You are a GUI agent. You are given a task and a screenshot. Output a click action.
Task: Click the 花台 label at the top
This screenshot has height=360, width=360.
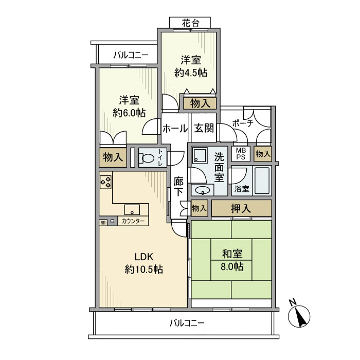pyautogui.click(x=190, y=23)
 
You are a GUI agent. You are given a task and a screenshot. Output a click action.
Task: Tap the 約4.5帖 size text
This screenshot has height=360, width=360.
pyautogui.click(x=191, y=73)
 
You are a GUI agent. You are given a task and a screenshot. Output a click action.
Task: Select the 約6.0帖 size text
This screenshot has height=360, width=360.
pyautogui.click(x=129, y=113)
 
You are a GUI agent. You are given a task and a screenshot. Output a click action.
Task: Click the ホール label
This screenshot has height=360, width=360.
pyautogui.click(x=175, y=129)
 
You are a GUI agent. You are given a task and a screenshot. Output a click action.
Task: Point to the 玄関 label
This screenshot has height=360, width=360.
pyautogui.click(x=204, y=128)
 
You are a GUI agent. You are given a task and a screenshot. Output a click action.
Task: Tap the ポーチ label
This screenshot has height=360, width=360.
pyautogui.click(x=243, y=123)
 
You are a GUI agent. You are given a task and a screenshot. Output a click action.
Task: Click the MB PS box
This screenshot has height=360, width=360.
pyautogui.click(x=241, y=154)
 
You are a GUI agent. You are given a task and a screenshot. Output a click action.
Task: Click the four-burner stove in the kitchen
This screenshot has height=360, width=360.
pyautogui.click(x=105, y=182)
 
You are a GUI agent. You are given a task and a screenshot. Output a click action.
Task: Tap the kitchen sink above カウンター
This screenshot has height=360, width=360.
pyautogui.click(x=132, y=210)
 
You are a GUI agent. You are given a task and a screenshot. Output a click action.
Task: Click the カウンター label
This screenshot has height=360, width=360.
pyautogui.click(x=133, y=221)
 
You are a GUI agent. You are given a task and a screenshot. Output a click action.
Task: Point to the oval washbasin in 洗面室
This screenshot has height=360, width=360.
pyautogui.click(x=202, y=190)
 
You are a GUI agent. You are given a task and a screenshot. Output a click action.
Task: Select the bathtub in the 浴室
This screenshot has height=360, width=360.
pyautogui.click(x=262, y=181)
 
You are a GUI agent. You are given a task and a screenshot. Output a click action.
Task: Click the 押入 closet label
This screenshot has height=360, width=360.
pyautogui.click(x=241, y=208)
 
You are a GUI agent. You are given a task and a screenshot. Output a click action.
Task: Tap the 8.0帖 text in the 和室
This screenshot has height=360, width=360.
pyautogui.click(x=232, y=266)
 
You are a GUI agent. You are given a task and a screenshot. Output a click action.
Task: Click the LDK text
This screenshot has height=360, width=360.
pyautogui.click(x=143, y=257)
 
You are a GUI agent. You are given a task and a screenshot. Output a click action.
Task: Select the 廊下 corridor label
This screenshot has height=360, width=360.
pyautogui.click(x=178, y=187)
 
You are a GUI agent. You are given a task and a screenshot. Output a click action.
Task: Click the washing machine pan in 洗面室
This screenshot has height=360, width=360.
pyautogui.click(x=200, y=155)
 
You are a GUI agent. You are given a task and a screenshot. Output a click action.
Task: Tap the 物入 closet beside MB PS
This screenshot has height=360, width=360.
pyautogui.click(x=263, y=153)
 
